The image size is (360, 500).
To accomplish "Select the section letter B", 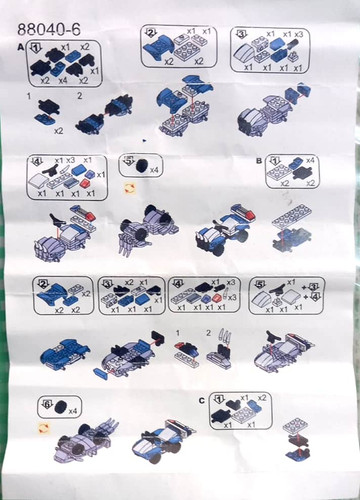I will pos(258,159).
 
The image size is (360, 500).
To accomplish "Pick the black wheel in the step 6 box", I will pos(61,406).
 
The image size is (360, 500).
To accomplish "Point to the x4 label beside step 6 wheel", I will pos(76,408).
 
